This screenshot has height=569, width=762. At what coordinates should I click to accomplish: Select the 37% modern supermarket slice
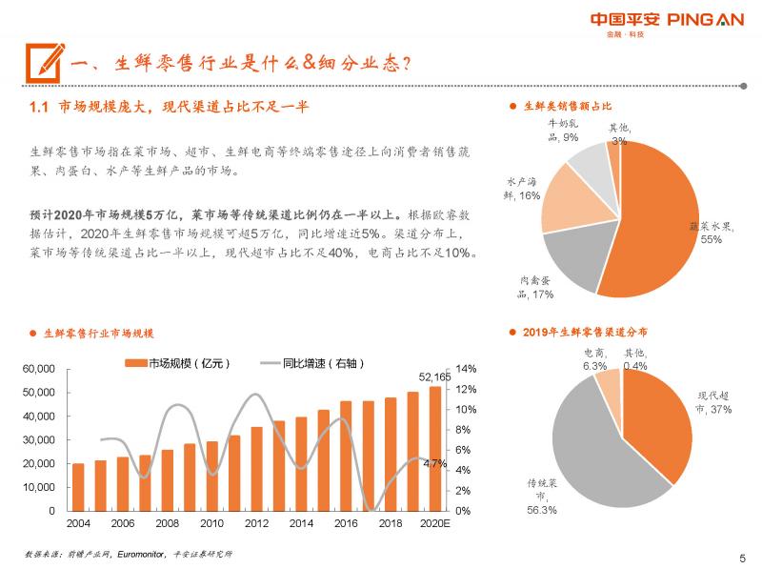point(657,419)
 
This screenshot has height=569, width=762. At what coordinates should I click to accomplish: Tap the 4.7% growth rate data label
point(434,463)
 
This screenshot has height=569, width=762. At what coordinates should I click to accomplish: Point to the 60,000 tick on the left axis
point(38,369)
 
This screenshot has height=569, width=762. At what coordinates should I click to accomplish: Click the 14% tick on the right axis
point(466,369)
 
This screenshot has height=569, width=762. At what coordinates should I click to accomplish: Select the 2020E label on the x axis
point(435,524)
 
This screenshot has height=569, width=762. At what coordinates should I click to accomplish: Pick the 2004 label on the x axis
point(78,524)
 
